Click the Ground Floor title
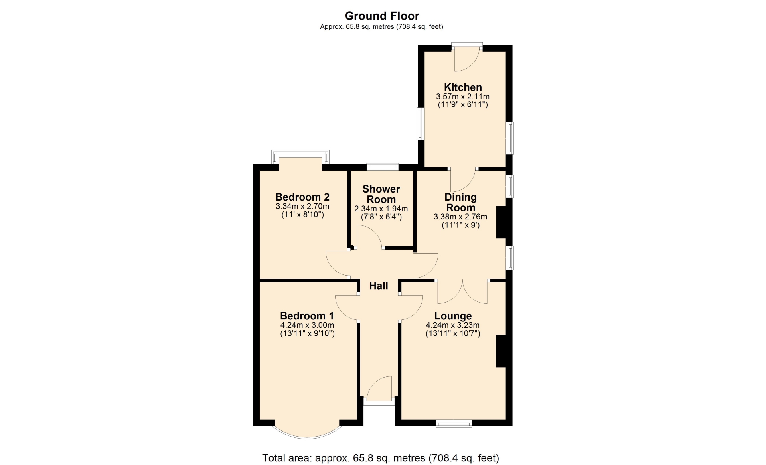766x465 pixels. [382, 16]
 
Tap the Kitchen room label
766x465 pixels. [463, 87]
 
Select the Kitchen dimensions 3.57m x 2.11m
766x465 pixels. [463, 97]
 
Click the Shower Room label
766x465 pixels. [381, 194]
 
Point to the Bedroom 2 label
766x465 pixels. [302, 197]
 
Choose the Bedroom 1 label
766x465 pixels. [307, 316]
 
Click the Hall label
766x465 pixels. [379, 286]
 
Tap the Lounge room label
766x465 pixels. [453, 316]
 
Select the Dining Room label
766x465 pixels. [460, 202]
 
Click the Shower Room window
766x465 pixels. [383, 166]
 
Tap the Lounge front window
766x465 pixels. [454, 423]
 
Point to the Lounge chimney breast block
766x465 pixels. [501, 351]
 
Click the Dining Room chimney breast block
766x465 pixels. [501, 222]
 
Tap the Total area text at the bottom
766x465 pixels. [380, 458]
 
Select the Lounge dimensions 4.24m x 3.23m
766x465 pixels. [453, 325]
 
